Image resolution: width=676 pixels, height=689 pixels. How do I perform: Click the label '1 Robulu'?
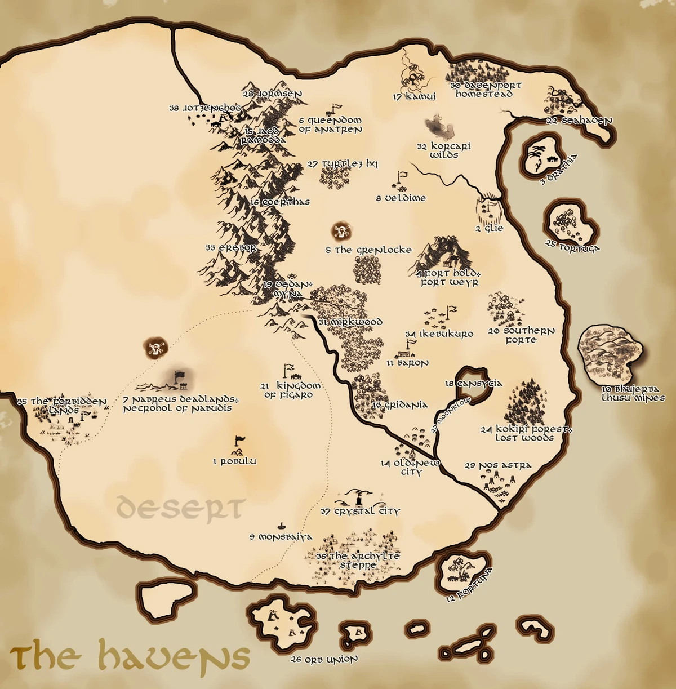coord(234,461)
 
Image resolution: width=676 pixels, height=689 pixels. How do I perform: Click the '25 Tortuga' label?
coord(573,247)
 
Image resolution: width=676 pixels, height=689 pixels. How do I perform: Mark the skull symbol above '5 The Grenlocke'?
coord(341,230)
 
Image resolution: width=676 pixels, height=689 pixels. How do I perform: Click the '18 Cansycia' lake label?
coord(473,384)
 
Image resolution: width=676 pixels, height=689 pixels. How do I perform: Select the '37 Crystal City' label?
coord(360,512)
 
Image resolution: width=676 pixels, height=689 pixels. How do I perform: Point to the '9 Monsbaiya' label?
coord(281,537)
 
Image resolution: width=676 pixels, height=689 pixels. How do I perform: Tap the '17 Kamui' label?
coord(415,97)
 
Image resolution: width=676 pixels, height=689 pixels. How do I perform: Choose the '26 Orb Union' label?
coord(324,659)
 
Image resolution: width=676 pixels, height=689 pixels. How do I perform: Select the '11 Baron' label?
coord(407,363)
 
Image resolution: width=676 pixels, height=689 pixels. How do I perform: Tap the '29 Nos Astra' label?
coord(498,466)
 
